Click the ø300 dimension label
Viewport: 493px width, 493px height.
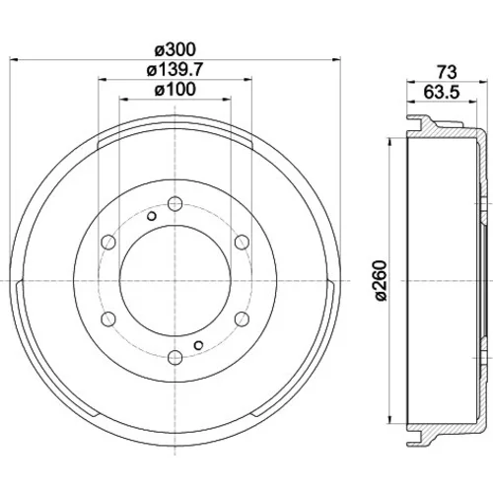click(176, 50)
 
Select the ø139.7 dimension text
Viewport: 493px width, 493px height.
click(176, 70)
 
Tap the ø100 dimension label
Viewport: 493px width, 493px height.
click(176, 89)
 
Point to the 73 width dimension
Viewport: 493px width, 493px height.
click(447, 72)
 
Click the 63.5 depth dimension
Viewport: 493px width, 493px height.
click(441, 92)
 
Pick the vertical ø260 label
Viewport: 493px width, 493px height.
click(381, 280)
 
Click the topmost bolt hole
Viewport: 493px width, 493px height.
click(175, 203)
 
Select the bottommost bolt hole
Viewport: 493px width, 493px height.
click(175, 357)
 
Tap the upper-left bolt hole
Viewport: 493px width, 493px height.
click(108, 243)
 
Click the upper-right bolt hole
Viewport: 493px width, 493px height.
click(242, 243)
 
